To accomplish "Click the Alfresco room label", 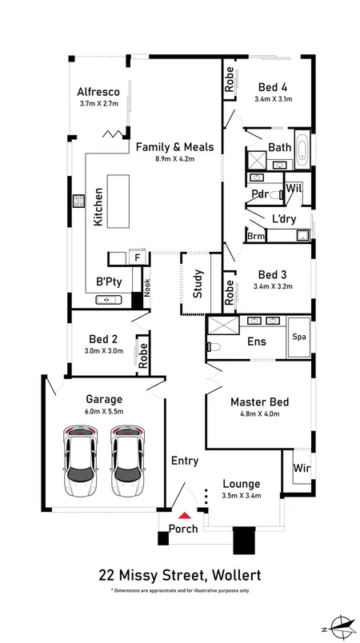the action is point(98,92).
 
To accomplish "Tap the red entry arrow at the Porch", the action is point(185,516).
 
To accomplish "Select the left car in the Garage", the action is point(80,461).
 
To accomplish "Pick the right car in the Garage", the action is point(127,461).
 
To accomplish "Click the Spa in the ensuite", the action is point(298,337).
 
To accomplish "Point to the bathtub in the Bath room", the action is point(302,150).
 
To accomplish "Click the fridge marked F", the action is point(138,258).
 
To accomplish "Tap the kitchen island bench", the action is point(118,201).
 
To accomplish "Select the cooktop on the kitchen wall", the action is point(78,201).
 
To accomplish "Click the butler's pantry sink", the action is point(108,300).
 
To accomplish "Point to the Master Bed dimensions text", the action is point(260,413).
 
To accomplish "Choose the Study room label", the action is point(198,283).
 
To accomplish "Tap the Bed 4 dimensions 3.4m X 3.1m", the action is point(273,99).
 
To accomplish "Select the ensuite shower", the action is point(223,325).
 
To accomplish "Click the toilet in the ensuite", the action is point(214,347).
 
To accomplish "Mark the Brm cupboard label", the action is point(256,237).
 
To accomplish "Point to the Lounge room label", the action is point(241,485).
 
